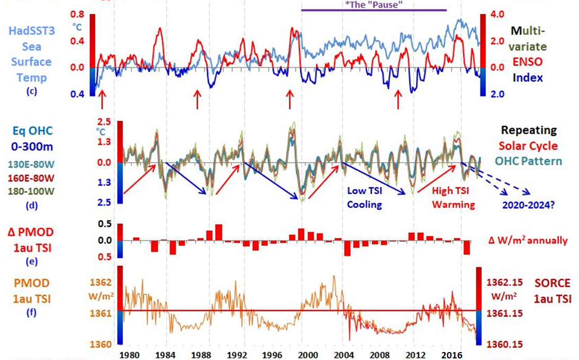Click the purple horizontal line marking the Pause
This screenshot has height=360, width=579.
click(x=373, y=10)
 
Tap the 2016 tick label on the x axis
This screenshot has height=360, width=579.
click(x=451, y=354)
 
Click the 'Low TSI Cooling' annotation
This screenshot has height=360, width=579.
click(x=364, y=197)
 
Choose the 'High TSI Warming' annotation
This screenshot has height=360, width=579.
click(x=453, y=197)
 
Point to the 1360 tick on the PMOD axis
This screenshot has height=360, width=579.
click(x=101, y=345)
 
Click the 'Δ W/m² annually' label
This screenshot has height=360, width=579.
click(x=528, y=241)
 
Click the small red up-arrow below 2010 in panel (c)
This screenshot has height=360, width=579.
click(x=398, y=99)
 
